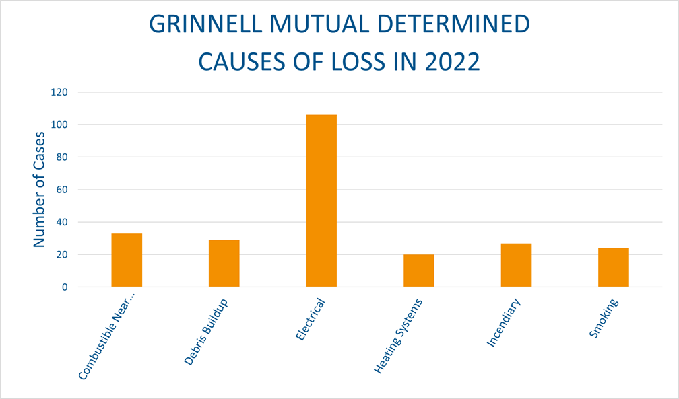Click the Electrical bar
pyautogui.click(x=321, y=201)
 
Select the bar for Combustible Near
pyautogui.click(x=127, y=260)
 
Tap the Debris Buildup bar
pyautogui.click(x=224, y=263)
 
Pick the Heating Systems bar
pyautogui.click(x=418, y=270)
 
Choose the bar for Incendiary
pyautogui.click(x=516, y=265)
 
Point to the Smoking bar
pyautogui.click(x=613, y=267)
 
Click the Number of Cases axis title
pyautogui.click(x=39, y=189)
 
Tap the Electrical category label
pyautogui.click(x=311, y=320)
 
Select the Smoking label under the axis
pyautogui.click(x=604, y=318)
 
